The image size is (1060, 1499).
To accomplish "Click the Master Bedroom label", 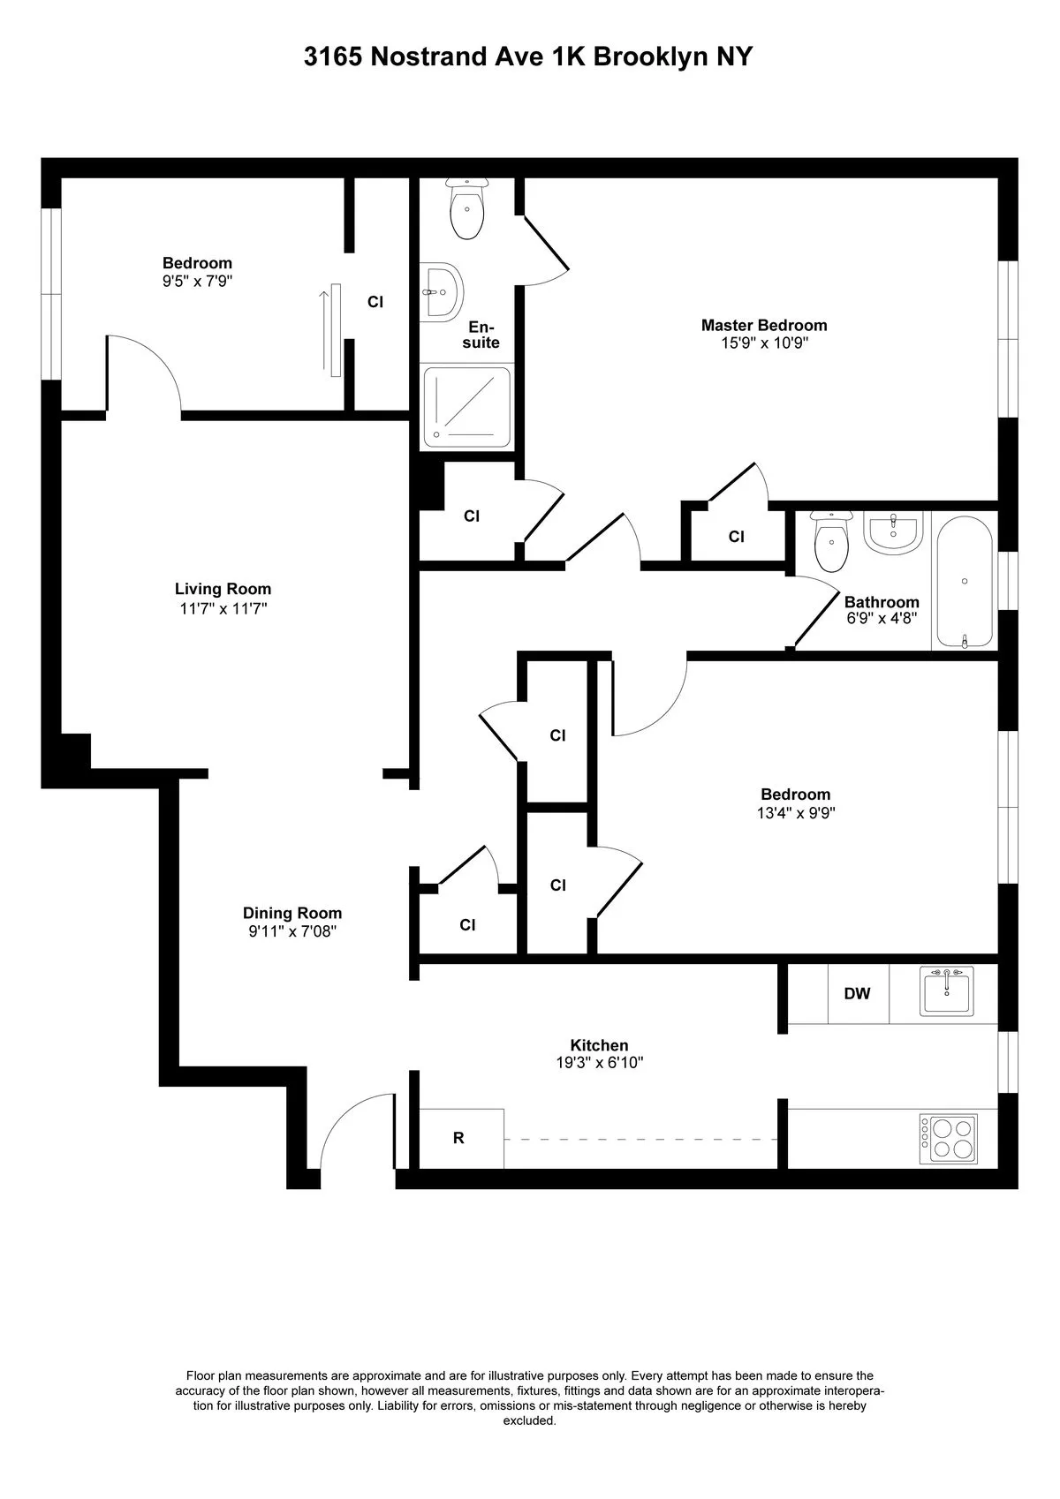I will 763,325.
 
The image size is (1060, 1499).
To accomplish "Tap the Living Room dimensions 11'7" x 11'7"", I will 223,608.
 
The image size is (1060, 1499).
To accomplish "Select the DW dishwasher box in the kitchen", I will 857,993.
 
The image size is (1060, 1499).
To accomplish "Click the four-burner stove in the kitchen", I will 949,1138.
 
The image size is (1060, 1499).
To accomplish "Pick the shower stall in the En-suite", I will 467,407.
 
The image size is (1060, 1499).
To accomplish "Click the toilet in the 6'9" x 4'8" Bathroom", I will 830,540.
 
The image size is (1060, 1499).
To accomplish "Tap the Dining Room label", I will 292,913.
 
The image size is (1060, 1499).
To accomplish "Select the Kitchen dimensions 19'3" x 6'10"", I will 599,1063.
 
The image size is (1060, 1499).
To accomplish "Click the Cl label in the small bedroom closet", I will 375,302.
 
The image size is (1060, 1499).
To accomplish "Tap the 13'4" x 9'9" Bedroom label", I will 796,795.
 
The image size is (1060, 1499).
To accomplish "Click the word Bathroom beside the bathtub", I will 881,602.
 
